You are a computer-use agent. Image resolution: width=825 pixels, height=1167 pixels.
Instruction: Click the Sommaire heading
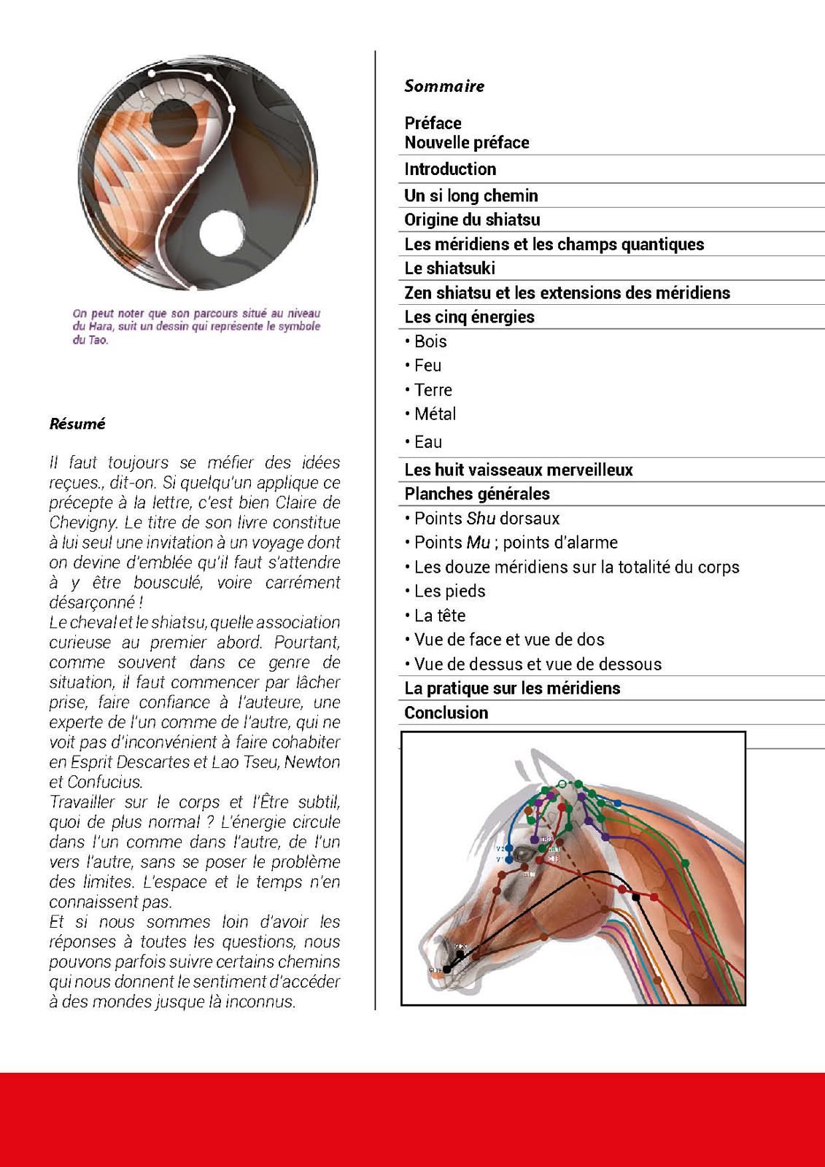[444, 86]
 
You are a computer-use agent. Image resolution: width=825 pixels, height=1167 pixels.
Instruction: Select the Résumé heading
[77, 424]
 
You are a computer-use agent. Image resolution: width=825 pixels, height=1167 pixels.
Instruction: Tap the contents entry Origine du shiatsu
[472, 220]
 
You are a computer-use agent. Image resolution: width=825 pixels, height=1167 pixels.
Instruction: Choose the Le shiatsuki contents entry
[449, 268]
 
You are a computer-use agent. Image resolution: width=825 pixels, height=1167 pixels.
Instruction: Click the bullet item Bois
[430, 341]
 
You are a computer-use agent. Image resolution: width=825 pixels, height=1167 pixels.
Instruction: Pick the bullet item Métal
[435, 414]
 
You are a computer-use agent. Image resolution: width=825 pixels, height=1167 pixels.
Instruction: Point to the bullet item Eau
[427, 442]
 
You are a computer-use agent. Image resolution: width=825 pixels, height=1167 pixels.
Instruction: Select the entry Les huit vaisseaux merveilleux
[518, 470]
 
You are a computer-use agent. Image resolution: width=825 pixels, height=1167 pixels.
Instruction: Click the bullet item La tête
[439, 616]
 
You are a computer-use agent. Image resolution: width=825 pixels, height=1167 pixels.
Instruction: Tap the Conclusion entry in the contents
[446, 713]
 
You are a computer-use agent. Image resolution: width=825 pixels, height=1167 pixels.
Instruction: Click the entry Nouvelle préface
[467, 142]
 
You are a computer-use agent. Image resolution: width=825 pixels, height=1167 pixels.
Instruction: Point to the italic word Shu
[475, 519]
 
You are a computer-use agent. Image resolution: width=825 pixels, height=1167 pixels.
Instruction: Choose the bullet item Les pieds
[449, 592]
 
